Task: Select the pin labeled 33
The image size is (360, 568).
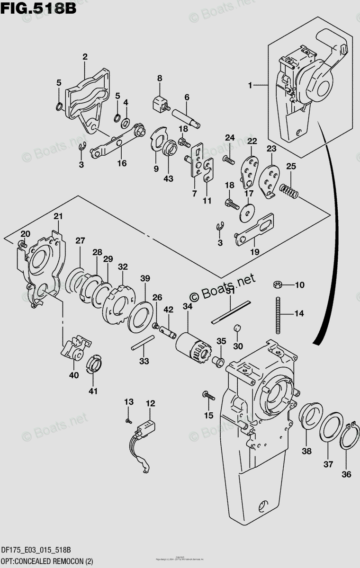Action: pyautogui.click(x=143, y=342)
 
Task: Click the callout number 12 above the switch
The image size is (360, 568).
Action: pyautogui.click(x=150, y=403)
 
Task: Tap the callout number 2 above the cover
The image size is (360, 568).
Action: pyautogui.click(x=85, y=57)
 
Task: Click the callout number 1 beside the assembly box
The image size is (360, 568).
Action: pyautogui.click(x=252, y=85)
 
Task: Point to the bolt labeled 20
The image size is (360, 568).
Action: pyautogui.click(x=22, y=244)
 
